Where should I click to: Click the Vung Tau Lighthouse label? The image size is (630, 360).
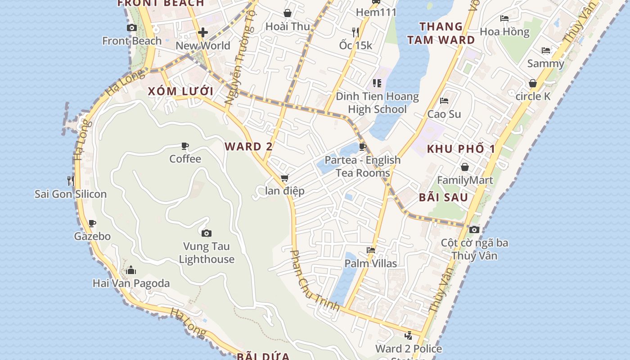pos(207,253)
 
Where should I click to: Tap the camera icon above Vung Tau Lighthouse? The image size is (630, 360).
pos(207,233)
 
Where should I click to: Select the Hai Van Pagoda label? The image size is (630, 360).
pos(131,283)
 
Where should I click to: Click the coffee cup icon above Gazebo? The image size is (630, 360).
pos(92,223)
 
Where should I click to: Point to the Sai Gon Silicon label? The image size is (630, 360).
pos(71,194)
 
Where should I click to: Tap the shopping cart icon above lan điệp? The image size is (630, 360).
pos(284,178)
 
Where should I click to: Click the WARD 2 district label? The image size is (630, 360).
pos(249,147)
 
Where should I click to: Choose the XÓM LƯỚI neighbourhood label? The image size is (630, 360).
pos(181,91)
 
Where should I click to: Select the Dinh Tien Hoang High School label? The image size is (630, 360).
pos(377,103)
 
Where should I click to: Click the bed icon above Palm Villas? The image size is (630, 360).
pos(371,250)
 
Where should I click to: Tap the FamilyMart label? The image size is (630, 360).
pos(465,180)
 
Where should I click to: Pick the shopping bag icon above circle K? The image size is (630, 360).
pos(533,84)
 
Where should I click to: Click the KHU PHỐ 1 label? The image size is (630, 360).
pos(461,149)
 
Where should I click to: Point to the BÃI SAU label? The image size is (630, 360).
pos(443,198)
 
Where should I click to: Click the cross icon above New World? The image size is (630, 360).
pos(203,32)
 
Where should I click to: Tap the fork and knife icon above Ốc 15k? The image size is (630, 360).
pos(355,32)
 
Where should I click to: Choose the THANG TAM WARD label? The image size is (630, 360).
pos(441,33)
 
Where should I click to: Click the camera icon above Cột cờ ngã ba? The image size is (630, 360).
pos(474,230)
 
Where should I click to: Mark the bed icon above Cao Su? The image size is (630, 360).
pos(444,101)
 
